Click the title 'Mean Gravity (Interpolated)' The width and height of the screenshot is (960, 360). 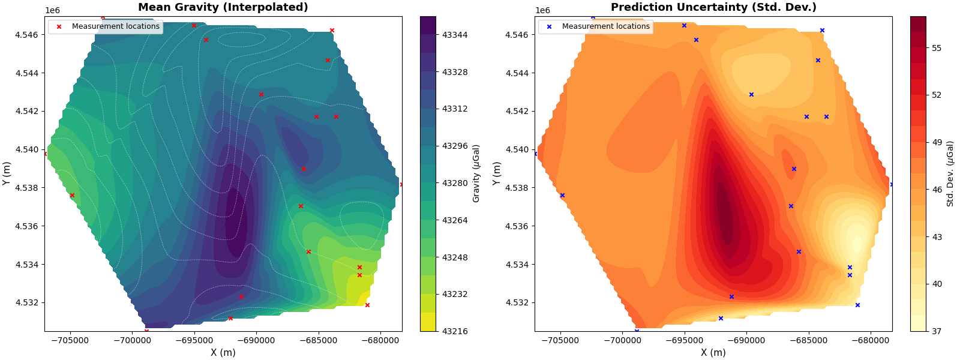[223, 7]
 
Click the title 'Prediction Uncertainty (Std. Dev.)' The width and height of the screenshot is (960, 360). [713, 7]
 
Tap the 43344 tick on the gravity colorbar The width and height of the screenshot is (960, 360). [455, 35]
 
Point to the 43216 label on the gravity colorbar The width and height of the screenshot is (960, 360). [455, 331]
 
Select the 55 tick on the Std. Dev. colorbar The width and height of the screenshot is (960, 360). [937, 48]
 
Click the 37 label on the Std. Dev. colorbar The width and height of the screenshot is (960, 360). [937, 331]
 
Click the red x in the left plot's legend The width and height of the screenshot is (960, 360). [59, 26]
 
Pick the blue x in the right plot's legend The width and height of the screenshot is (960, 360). [549, 26]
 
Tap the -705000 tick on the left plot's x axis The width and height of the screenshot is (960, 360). [71, 340]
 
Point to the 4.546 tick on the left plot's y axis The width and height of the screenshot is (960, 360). [26, 35]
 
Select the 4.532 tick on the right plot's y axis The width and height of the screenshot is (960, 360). [517, 302]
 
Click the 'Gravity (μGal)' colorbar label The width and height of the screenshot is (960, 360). [476, 173]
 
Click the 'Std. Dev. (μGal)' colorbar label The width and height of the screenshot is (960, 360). [950, 173]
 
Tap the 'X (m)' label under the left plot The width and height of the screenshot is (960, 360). [223, 352]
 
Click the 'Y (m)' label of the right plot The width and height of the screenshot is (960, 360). [497, 173]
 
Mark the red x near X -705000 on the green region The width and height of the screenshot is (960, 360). [72, 195]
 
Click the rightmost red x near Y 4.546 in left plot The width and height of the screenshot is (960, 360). [332, 30]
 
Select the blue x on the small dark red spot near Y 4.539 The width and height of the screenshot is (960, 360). [794, 169]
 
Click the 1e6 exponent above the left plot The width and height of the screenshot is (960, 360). [52, 10]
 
